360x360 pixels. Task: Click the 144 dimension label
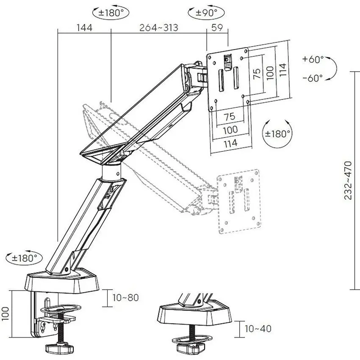click(84, 28)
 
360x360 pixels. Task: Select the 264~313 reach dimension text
click(159, 28)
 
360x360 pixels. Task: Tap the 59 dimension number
click(217, 28)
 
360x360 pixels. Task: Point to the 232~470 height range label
click(348, 180)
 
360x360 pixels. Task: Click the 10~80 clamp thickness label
click(126, 298)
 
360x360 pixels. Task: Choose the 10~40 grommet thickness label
click(258, 329)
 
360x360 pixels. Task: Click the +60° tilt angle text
click(313, 59)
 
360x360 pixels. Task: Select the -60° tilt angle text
click(313, 78)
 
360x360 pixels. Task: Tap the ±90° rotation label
click(206, 13)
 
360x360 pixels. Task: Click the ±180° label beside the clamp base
click(24, 258)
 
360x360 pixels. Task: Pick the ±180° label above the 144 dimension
click(111, 13)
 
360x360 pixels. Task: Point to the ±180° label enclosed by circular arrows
click(277, 133)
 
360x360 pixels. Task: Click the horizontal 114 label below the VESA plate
click(230, 143)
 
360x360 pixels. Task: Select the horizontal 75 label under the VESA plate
click(230, 116)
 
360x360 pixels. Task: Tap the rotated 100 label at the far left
click(5, 313)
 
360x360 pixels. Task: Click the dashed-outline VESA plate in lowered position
click(239, 202)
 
